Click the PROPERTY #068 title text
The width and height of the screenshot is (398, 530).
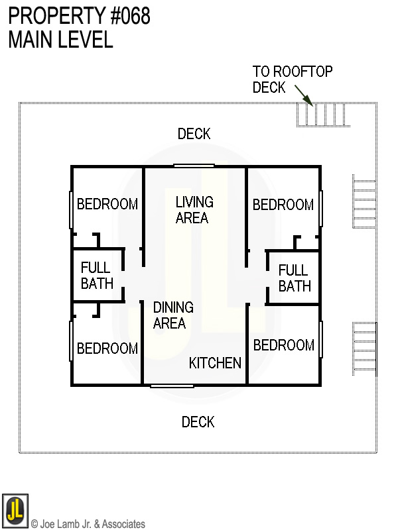pos(79,16)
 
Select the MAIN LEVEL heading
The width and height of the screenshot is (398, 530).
pos(60,40)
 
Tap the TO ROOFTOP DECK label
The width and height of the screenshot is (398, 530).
pos(292,79)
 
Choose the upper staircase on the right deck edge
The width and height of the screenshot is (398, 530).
pos(364,201)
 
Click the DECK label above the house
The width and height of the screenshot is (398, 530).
pos(194,134)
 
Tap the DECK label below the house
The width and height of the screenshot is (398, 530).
pos(198,422)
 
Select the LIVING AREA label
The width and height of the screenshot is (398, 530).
pos(194,209)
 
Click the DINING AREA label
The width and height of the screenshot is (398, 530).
pos(172,315)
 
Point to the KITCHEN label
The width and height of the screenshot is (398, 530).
pos(215,363)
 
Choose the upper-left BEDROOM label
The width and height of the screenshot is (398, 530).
pos(107,204)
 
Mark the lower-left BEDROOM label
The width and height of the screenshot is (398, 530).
pos(107,348)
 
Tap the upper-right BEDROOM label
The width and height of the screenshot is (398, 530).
pos(283,205)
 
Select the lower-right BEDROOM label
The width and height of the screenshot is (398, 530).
pos(283,345)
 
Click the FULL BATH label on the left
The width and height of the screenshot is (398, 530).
pos(97,276)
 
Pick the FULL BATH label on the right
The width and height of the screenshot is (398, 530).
pos(294,278)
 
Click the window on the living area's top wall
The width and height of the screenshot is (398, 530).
pos(194,166)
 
